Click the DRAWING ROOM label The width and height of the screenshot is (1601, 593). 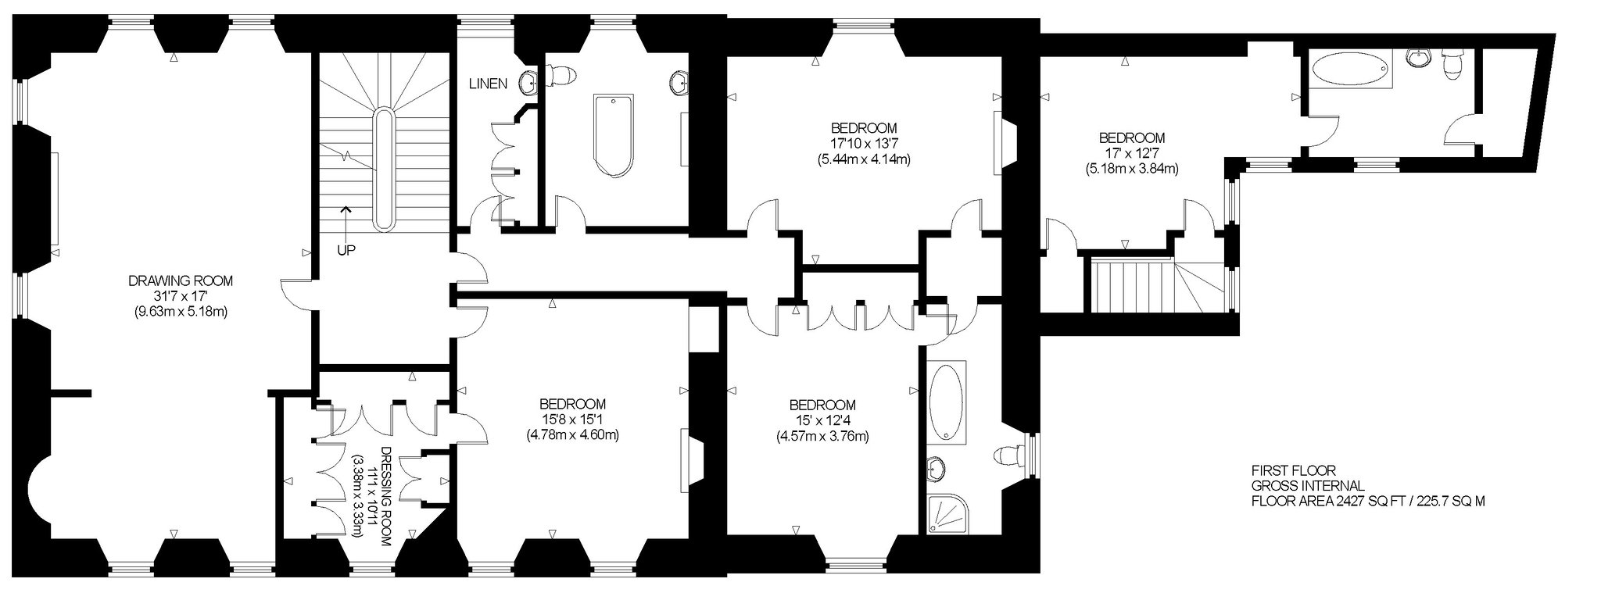pos(181,280)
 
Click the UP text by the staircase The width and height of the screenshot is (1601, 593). pos(346,251)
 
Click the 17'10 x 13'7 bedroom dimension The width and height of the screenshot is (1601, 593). pos(863,144)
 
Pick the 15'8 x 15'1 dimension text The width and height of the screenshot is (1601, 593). pos(572,420)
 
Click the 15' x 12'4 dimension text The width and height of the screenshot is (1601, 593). pos(822,420)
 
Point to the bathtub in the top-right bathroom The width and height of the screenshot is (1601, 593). pos(1351,69)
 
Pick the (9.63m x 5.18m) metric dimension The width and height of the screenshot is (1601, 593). pos(181,311)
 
